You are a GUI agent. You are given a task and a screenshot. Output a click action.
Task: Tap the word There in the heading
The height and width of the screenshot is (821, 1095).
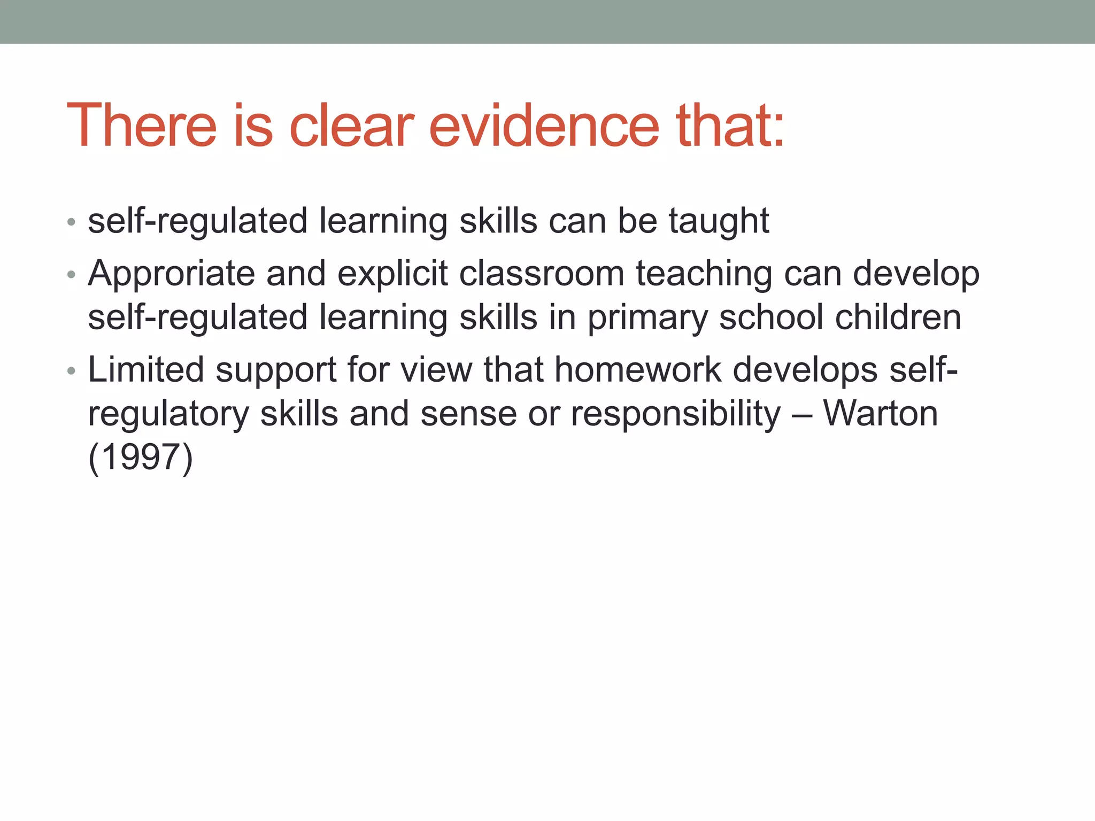142,126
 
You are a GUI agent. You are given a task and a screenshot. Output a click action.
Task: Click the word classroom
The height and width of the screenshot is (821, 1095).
542,274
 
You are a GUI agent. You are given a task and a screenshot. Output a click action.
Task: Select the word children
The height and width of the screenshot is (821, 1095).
898,317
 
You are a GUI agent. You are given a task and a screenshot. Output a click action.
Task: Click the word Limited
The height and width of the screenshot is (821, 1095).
146,370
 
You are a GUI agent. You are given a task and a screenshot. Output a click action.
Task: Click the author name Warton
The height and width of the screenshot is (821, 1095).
880,414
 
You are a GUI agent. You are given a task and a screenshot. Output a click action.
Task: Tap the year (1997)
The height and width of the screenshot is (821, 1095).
140,458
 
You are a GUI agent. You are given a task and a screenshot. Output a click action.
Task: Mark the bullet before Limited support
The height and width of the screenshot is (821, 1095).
71,371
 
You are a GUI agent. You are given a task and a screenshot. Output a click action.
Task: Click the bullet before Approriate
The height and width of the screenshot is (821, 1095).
71,275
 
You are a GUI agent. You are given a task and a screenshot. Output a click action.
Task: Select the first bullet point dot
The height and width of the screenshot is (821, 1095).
71,222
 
